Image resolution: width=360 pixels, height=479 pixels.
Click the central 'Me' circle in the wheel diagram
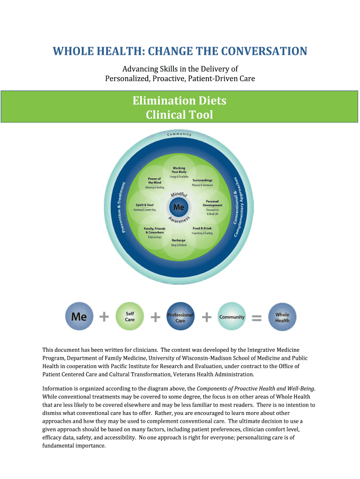pyautogui.click(x=179, y=207)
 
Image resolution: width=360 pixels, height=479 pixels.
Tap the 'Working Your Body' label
pyautogui.click(x=179, y=170)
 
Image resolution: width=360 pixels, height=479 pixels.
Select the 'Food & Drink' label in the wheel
pyautogui.click(x=202, y=228)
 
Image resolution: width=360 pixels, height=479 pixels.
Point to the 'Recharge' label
pyautogui.click(x=179, y=240)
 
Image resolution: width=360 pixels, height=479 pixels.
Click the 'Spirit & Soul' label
pyautogui.click(x=145, y=205)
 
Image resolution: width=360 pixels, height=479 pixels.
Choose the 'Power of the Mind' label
pyautogui.click(x=154, y=181)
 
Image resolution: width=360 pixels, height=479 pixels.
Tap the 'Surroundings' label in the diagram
pyautogui.click(x=202, y=180)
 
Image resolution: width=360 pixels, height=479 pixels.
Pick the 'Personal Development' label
pyautogui.click(x=213, y=203)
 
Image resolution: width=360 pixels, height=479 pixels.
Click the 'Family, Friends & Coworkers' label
pyautogui.click(x=154, y=230)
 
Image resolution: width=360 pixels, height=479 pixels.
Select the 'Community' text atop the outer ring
pyautogui.click(x=179, y=134)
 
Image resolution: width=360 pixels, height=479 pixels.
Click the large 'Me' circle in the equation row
pyautogui.click(x=79, y=316)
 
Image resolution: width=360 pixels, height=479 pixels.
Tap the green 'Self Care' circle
pyautogui.click(x=130, y=316)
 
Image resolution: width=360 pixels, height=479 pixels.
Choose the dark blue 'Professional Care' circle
pyautogui.click(x=180, y=316)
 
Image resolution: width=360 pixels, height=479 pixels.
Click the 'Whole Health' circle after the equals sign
pyautogui.click(x=282, y=317)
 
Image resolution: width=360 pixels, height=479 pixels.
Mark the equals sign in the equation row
pyautogui.click(x=257, y=318)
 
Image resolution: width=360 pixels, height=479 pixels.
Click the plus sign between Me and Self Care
pyautogui.click(x=104, y=317)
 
